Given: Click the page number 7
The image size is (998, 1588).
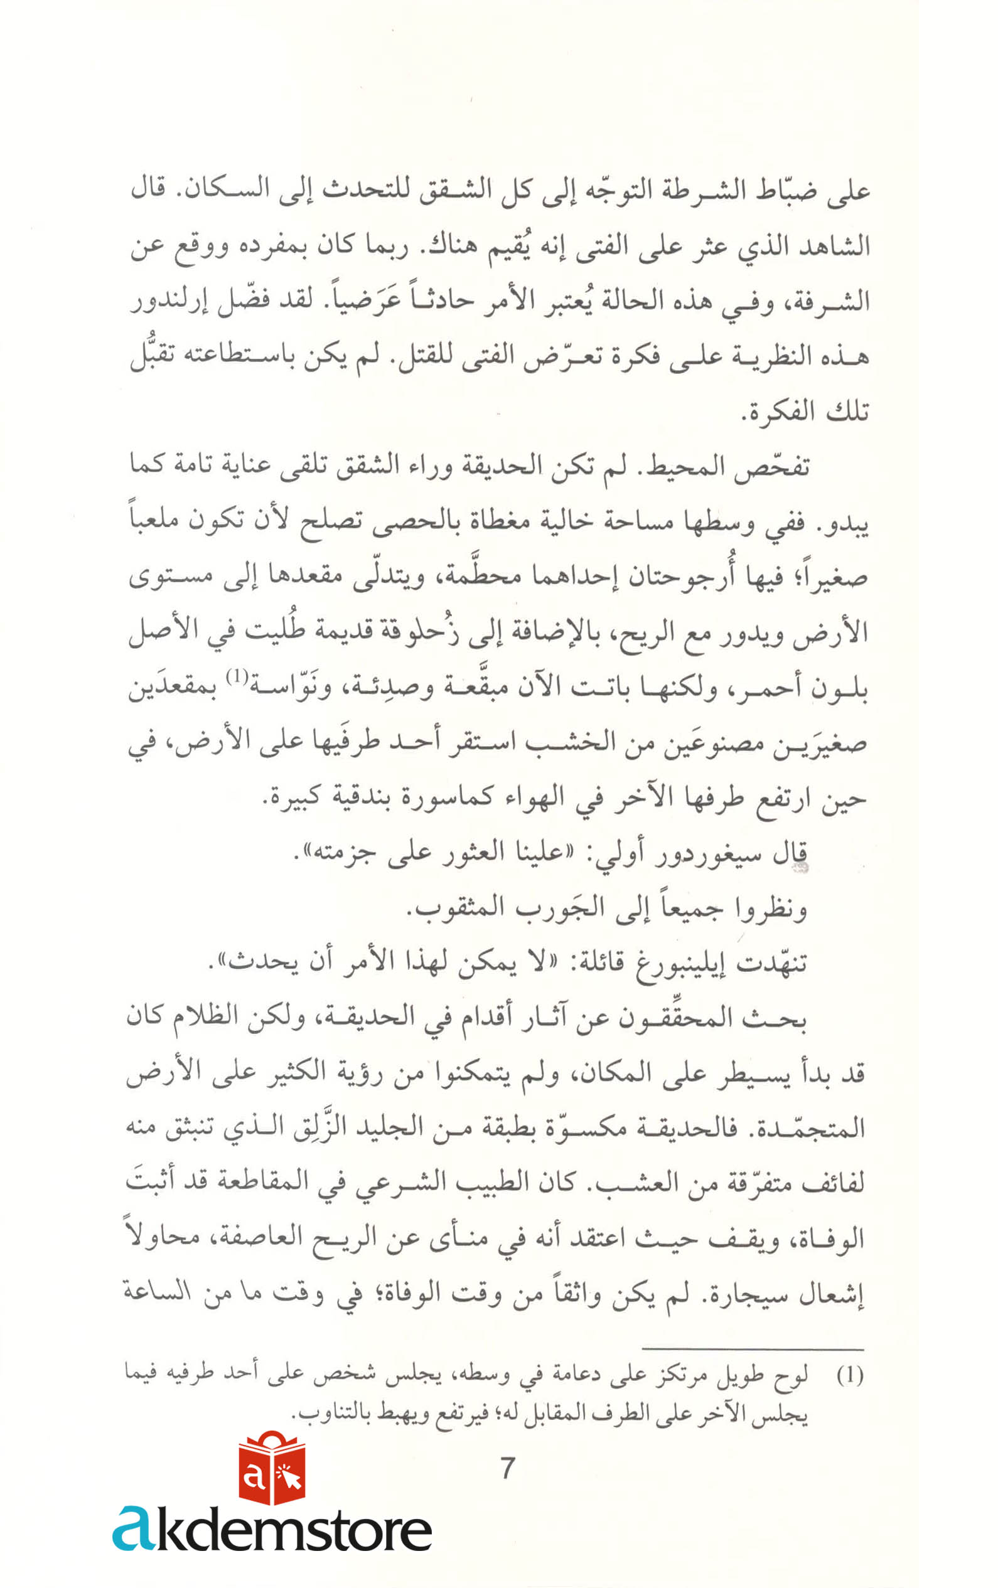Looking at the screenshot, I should (x=507, y=1468).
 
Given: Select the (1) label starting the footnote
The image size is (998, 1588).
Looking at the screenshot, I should (x=850, y=1377).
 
